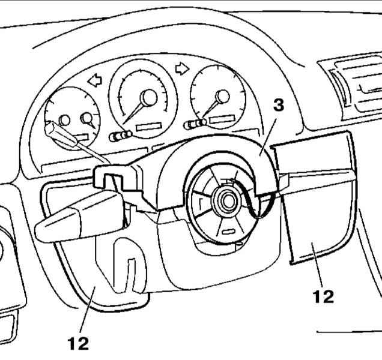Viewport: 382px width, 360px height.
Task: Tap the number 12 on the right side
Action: coord(323,296)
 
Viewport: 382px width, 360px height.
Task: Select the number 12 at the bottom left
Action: coord(78,343)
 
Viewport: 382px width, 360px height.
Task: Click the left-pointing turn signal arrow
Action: coord(94,78)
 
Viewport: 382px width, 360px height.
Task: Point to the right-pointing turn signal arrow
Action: coord(180,69)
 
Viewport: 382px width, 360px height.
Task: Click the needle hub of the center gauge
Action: coord(148,97)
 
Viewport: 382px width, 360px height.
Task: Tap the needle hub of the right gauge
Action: coord(223,96)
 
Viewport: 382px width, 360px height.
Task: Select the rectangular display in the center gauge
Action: coord(148,128)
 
